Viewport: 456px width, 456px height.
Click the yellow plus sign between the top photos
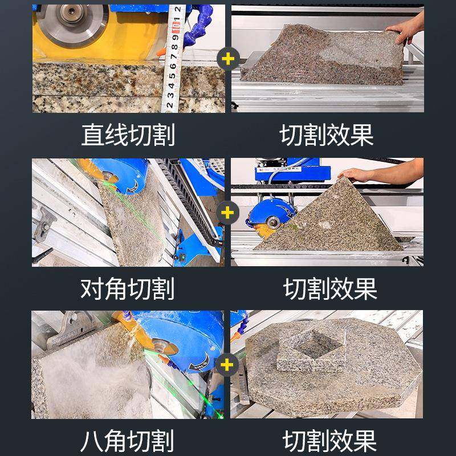228,59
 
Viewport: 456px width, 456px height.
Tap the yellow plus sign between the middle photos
228,213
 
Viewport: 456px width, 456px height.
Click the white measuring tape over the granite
172,63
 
